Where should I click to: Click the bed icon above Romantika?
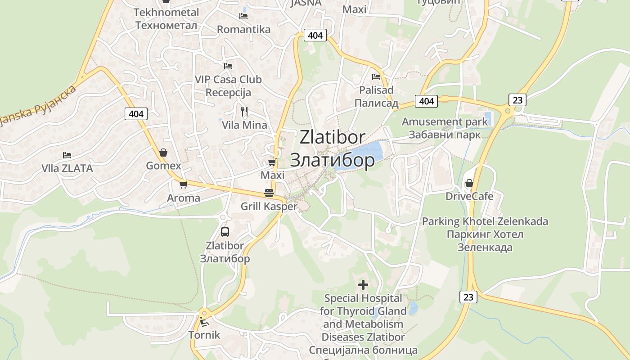point(243,16)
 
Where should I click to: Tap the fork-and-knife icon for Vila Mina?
point(244,111)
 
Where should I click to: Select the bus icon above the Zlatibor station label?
point(225,232)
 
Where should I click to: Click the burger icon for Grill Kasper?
point(269,193)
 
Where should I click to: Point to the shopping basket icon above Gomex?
point(163,152)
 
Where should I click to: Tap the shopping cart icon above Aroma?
point(183,184)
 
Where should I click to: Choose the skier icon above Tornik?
point(204,322)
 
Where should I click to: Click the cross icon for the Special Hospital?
point(363,285)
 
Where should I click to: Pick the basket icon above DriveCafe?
point(469,183)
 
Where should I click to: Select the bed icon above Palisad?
point(376,76)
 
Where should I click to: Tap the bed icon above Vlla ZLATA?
point(67,155)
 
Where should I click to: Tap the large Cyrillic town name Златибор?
point(332,160)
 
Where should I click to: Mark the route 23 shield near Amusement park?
point(517,99)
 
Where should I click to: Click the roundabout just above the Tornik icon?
point(204,313)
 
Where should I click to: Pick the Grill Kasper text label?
point(269,207)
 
